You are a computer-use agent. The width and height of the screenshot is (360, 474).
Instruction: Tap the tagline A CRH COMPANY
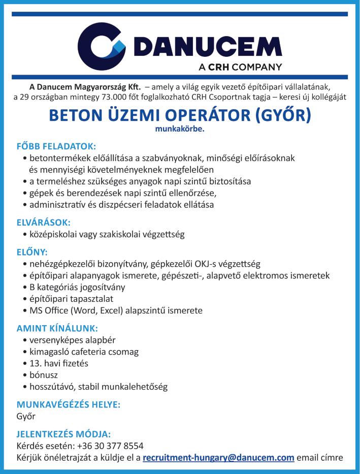(x=240, y=67)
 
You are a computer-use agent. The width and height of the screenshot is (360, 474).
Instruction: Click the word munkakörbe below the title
(x=179, y=129)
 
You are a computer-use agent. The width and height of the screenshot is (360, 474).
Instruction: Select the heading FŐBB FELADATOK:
(x=56, y=146)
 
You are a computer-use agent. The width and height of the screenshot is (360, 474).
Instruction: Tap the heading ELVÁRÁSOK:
(x=44, y=222)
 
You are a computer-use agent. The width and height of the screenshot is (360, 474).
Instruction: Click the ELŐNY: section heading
(x=32, y=251)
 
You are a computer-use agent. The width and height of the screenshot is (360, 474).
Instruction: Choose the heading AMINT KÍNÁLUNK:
(x=57, y=328)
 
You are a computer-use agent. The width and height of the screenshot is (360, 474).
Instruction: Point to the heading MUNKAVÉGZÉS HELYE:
(x=68, y=405)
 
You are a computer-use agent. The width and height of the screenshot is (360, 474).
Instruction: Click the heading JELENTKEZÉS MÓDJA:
(x=63, y=434)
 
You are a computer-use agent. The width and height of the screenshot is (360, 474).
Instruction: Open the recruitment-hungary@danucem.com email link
(x=218, y=457)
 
